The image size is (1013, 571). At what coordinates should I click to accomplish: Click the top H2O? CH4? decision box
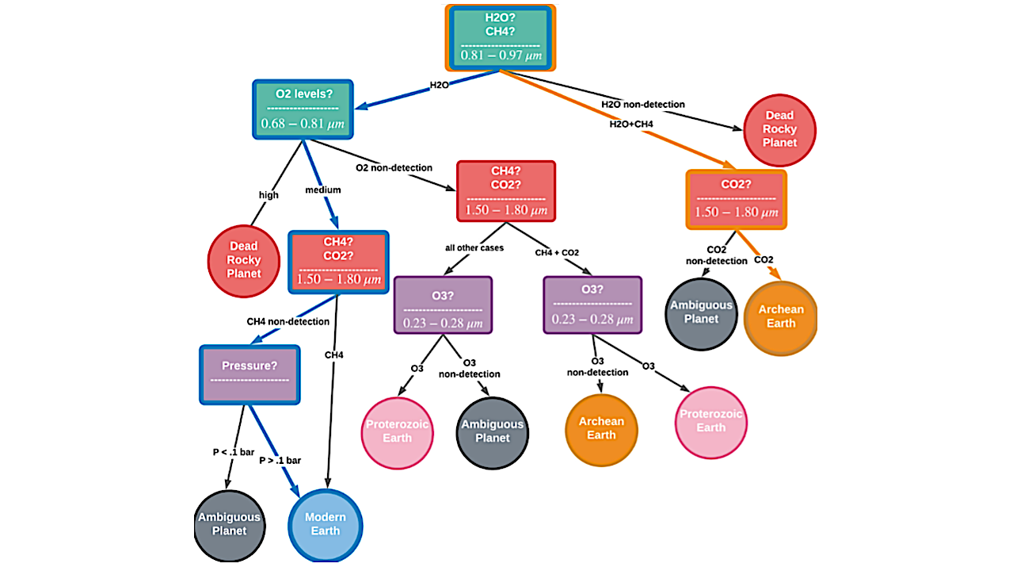[500, 37]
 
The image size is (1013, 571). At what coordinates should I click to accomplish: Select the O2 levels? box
[303, 109]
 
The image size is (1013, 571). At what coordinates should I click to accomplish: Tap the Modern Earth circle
[326, 524]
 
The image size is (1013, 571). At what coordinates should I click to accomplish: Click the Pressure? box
[249, 374]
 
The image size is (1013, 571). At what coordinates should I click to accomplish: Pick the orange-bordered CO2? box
[736, 200]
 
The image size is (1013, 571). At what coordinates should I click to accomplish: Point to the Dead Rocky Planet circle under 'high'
[243, 260]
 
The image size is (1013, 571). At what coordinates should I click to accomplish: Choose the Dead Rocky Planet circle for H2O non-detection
[779, 129]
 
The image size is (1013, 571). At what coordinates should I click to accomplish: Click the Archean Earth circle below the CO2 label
[780, 316]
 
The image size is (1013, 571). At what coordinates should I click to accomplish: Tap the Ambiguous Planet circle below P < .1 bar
[229, 524]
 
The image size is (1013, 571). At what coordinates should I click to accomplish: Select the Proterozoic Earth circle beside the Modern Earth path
[398, 431]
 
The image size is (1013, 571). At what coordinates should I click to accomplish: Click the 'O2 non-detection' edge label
[394, 167]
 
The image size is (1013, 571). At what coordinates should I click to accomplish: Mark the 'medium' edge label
[323, 190]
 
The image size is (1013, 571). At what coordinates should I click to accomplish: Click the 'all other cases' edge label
[474, 247]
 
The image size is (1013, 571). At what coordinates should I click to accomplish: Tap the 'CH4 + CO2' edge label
[557, 252]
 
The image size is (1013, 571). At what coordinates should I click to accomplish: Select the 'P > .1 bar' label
[280, 460]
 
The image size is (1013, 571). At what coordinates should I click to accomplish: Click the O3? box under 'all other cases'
[443, 305]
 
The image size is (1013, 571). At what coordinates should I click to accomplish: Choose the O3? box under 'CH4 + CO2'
[592, 305]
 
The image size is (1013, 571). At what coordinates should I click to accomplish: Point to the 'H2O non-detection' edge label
[642, 104]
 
